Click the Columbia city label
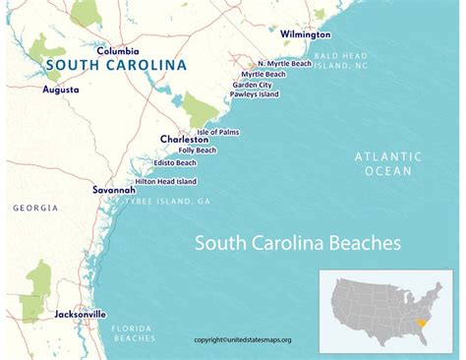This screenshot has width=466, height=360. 117,50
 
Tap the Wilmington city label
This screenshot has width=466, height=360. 306,33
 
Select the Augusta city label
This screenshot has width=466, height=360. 61,89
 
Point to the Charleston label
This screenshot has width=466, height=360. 184,140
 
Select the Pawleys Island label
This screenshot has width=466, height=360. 256,95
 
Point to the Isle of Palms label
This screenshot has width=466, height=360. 218,132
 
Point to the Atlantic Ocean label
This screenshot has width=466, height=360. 389,163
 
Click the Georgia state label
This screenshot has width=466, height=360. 35,209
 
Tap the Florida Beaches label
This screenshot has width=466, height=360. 132,332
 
